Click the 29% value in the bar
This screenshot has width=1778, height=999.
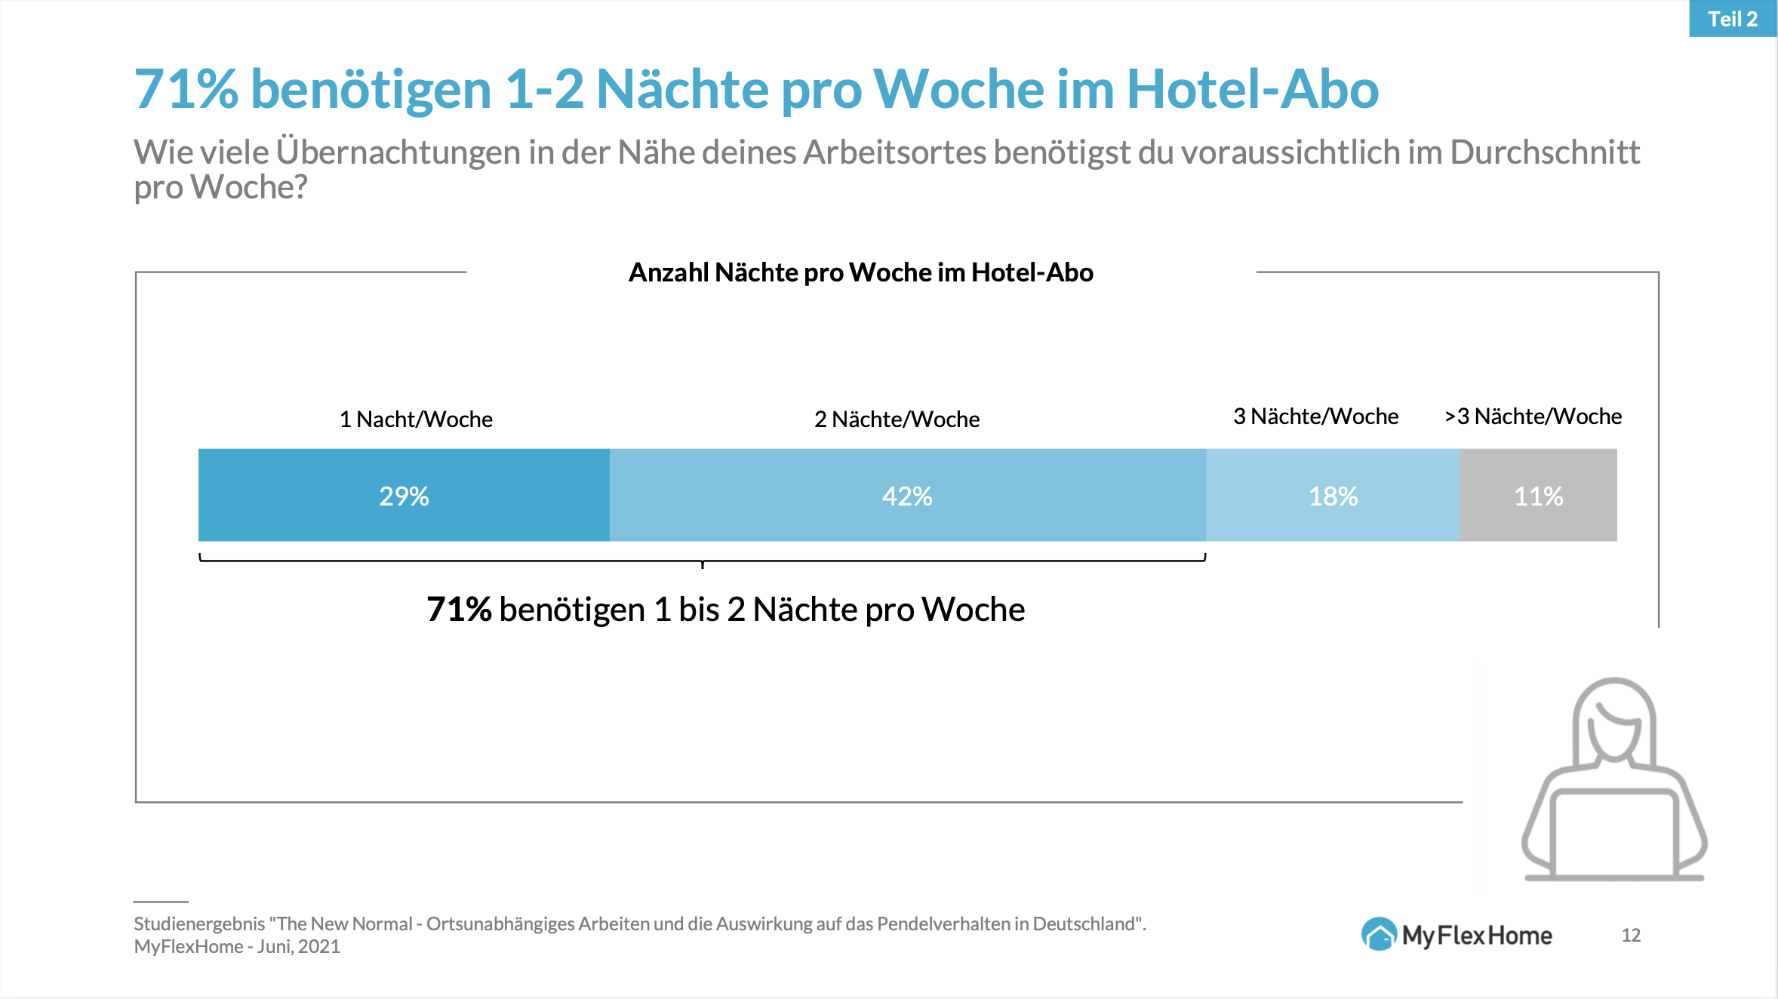404,496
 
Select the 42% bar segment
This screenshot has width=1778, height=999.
907,496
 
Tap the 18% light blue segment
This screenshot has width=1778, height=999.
1333,496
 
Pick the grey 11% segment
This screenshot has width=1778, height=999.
1538,496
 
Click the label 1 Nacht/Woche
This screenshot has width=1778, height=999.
416,419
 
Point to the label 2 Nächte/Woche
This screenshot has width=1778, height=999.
897,419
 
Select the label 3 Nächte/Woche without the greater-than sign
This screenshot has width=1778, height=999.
1315,416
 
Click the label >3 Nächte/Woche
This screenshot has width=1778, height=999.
1533,416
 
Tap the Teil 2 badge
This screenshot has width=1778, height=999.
1733,19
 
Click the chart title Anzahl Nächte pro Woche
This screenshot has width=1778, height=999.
860,272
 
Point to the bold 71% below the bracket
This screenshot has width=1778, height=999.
459,610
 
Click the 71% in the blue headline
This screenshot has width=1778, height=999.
186,89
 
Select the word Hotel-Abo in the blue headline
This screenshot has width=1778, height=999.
1252,89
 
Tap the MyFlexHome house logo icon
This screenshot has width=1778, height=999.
1379,935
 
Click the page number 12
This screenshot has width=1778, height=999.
1631,936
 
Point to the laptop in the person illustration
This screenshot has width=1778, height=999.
1613,834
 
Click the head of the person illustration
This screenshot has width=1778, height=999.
1613,724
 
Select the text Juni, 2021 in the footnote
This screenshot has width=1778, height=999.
298,947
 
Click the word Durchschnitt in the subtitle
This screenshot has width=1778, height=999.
1545,152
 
